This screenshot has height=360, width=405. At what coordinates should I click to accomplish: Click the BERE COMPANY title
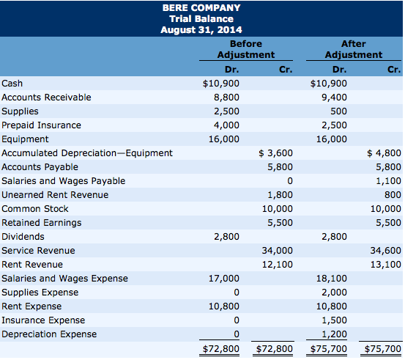[x=201, y=8]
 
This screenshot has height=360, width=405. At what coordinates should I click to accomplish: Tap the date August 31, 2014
[x=201, y=30]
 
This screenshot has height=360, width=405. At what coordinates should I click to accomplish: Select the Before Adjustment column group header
[x=246, y=49]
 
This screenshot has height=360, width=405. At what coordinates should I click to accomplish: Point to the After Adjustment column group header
[x=354, y=49]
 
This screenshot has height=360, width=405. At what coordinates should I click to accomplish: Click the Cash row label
[x=12, y=84]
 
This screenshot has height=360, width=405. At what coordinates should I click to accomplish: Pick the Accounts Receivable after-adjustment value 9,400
[x=334, y=98]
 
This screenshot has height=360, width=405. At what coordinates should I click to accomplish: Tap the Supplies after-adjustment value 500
[x=338, y=111]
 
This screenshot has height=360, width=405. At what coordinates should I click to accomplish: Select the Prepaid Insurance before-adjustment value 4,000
[x=226, y=125]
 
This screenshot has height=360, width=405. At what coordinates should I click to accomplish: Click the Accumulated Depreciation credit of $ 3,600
[x=275, y=153]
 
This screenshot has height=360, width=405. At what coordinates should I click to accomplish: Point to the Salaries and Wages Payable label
[x=63, y=181]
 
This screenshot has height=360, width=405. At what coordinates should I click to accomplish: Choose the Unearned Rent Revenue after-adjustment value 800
[x=393, y=195]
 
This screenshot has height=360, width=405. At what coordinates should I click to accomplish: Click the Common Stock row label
[x=35, y=209]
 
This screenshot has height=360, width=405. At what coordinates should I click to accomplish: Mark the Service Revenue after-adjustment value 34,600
[x=386, y=250]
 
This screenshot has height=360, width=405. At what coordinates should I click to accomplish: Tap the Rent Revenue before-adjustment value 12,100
[x=278, y=264]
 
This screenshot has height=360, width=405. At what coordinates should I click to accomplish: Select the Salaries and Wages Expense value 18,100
[x=332, y=279]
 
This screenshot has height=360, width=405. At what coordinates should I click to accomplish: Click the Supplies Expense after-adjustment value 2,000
[x=334, y=293]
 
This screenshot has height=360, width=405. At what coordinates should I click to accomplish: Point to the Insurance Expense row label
[x=43, y=320]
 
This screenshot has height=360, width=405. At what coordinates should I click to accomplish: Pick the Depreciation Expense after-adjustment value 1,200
[x=334, y=334]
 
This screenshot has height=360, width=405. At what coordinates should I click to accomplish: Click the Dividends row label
[x=23, y=237]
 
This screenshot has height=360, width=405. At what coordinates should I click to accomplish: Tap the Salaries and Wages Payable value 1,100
[x=388, y=181]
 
